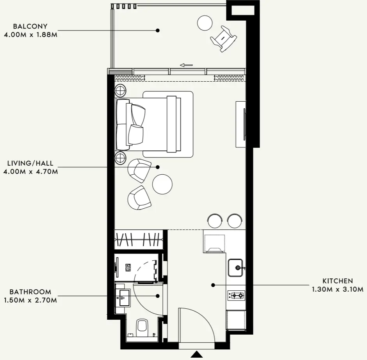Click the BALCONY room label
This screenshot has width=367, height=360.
[30, 26]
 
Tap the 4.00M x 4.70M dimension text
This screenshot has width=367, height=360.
[31, 172]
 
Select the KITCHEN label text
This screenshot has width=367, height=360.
[337, 281]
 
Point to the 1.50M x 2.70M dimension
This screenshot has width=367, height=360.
[30, 300]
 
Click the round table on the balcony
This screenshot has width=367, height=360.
[205, 23]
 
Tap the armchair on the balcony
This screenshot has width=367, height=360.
[223, 39]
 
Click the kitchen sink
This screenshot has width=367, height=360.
[235, 268]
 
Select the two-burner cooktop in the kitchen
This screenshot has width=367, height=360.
[236, 296]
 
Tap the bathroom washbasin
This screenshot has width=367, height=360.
[123, 298]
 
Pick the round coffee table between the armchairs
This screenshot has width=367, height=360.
[162, 184]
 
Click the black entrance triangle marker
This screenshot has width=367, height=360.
[197, 354]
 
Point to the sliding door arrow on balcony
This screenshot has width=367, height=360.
[186, 65]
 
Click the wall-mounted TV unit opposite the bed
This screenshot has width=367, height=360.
[241, 124]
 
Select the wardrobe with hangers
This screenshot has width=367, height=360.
[138, 240]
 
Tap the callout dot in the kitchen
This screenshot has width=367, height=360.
[213, 285]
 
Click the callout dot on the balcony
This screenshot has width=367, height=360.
[158, 30]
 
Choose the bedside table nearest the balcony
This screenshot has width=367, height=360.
[120, 90]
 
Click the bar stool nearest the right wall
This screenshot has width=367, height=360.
[235, 221]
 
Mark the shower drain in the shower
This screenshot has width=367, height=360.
[128, 267]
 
